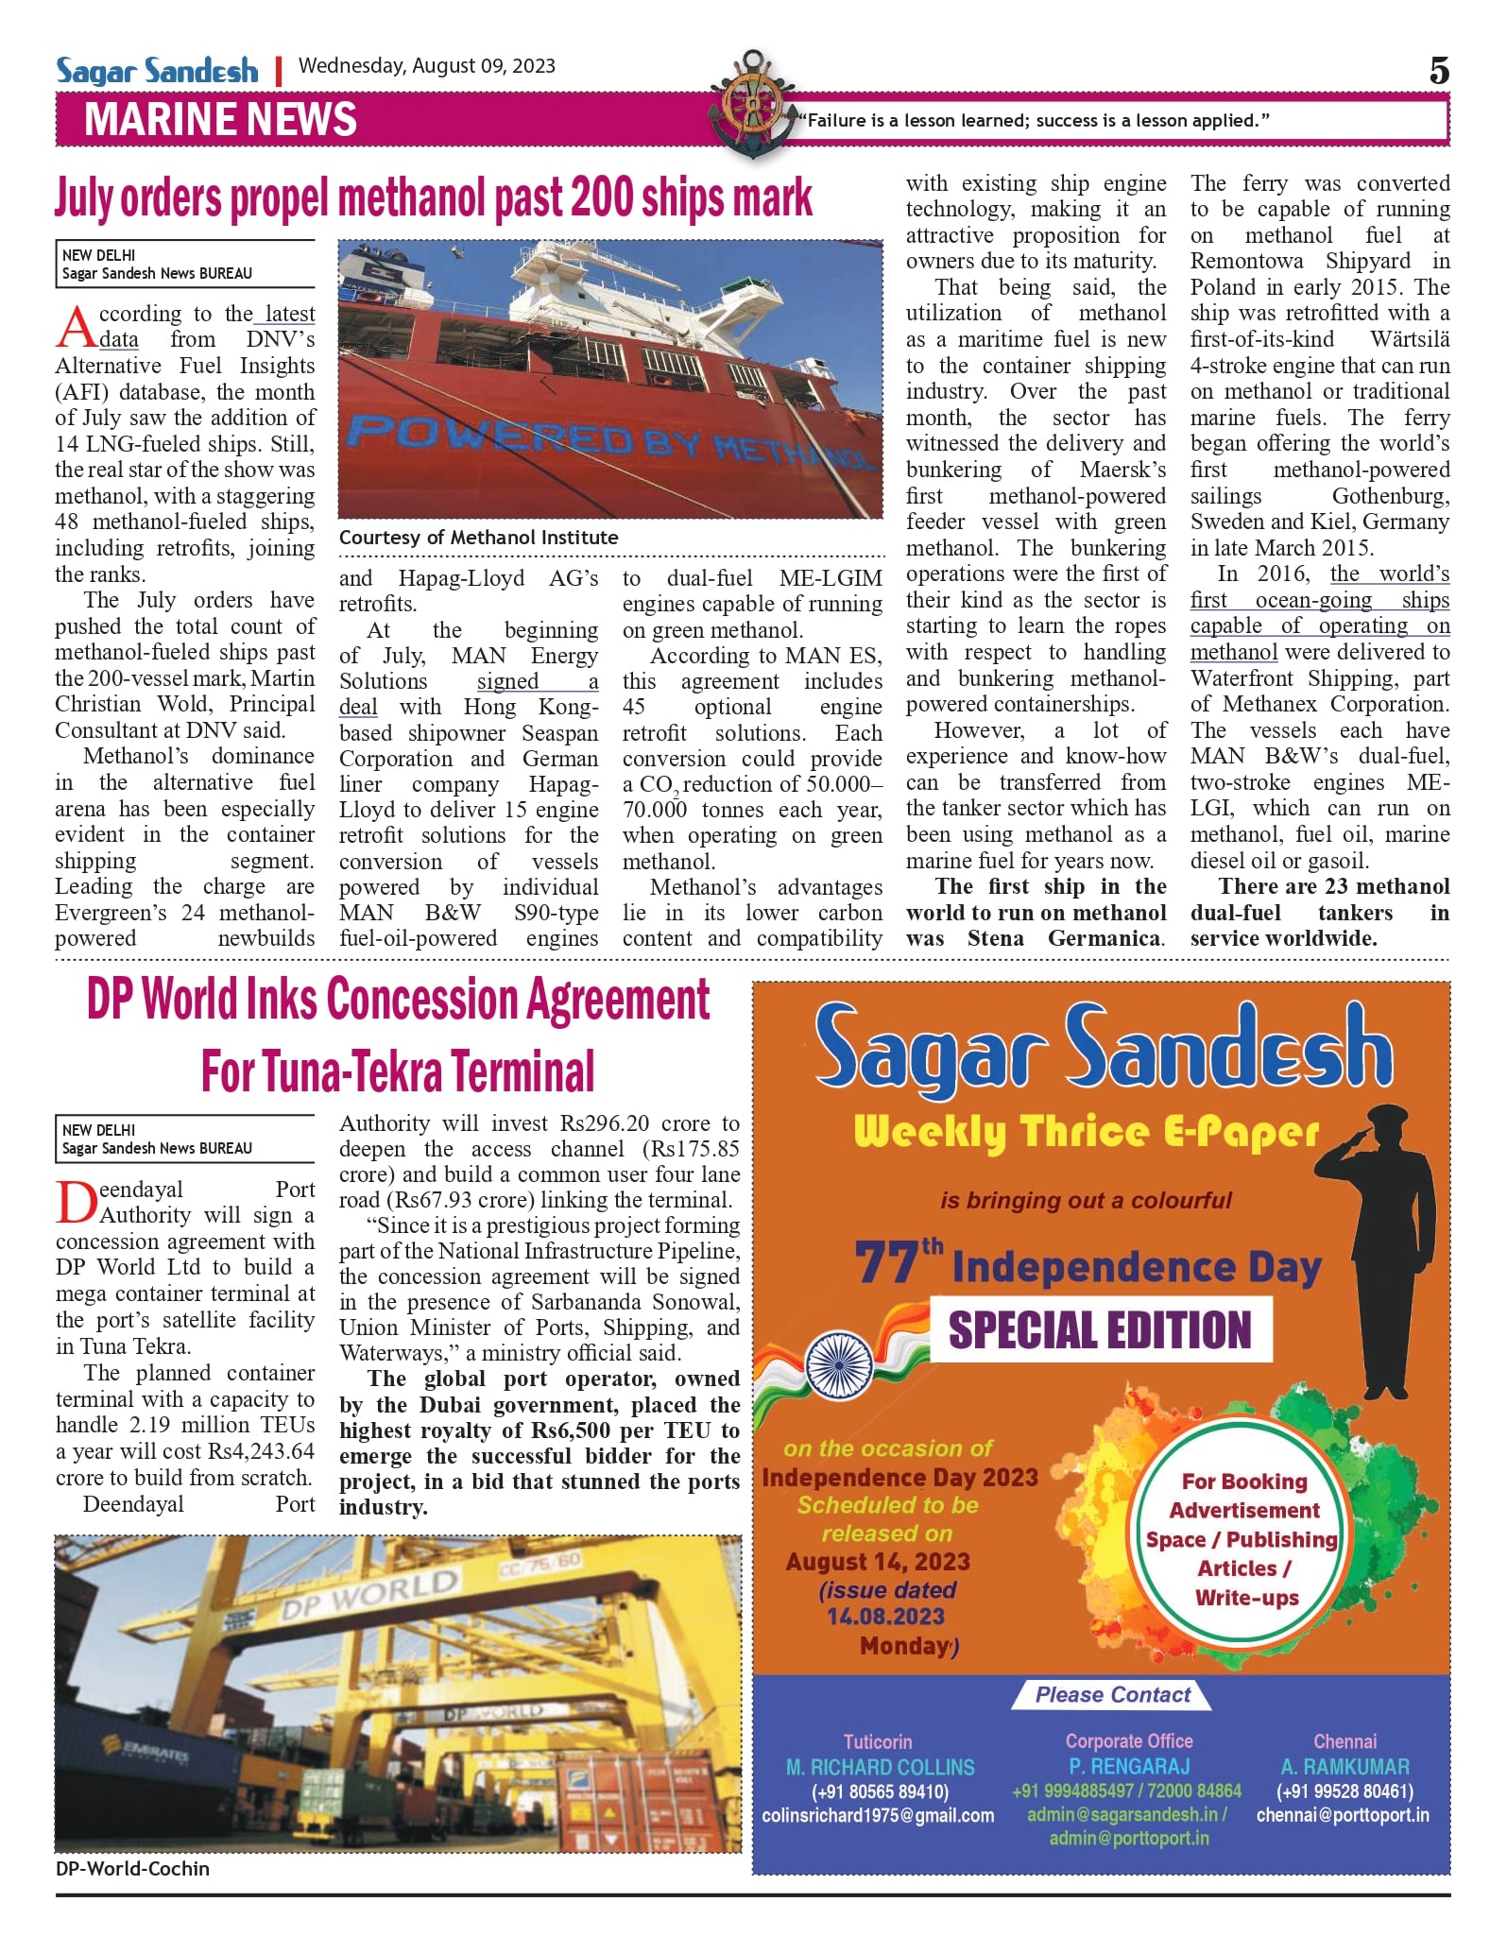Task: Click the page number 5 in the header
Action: (x=1438, y=71)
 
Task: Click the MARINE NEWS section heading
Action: (x=220, y=120)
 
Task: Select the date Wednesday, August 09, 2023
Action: (x=426, y=66)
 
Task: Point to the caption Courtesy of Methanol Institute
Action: (x=478, y=538)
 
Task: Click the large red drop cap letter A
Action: (x=76, y=328)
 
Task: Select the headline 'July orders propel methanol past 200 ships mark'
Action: (x=433, y=198)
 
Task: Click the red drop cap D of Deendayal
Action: (x=76, y=1203)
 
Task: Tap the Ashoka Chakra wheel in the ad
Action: (x=838, y=1365)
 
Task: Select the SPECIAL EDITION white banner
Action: (x=1100, y=1329)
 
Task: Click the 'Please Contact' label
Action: (x=1112, y=1694)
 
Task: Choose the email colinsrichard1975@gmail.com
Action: (x=878, y=1815)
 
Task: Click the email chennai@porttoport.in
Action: (x=1343, y=1815)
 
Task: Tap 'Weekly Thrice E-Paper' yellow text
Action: (x=1085, y=1132)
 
